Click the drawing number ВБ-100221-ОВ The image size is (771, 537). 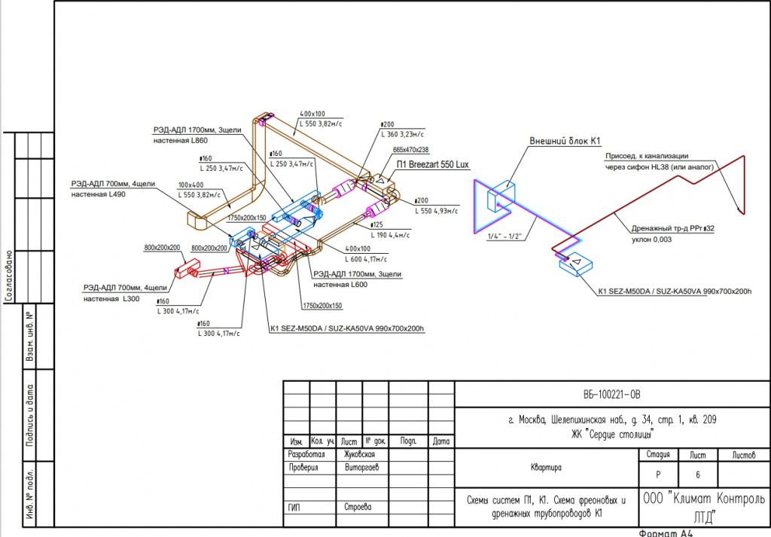click(611, 394)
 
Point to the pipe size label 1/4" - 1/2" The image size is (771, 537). click(506, 236)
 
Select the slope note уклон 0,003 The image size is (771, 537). click(652, 240)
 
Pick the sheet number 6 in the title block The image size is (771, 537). click(691, 475)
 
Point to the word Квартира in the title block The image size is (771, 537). click(547, 467)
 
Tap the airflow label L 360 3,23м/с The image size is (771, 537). click(403, 134)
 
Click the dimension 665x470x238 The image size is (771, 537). click(411, 150)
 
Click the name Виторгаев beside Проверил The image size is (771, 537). click(361, 468)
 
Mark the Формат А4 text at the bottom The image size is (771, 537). click(666, 532)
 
